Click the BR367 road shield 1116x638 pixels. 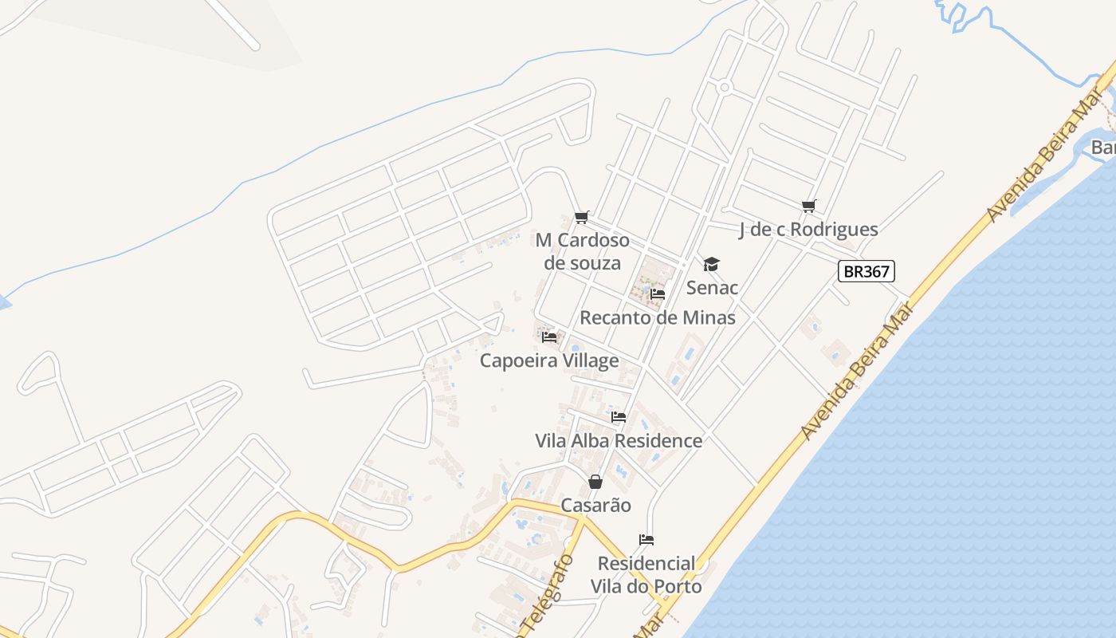pyautogui.click(x=866, y=271)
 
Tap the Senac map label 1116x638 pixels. pyautogui.click(x=712, y=287)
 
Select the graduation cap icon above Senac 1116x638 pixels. pyautogui.click(x=711, y=264)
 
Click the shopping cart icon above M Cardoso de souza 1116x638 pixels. pyautogui.click(x=582, y=218)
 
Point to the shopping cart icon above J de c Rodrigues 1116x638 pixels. pyautogui.click(x=809, y=207)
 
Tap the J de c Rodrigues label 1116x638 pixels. pyautogui.click(x=808, y=230)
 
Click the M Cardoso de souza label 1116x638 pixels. pyautogui.click(x=582, y=251)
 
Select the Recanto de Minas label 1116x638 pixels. pyautogui.click(x=658, y=317)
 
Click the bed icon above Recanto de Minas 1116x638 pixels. pyautogui.click(x=658, y=293)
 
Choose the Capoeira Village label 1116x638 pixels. pyautogui.click(x=549, y=360)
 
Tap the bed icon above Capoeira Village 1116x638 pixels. pyautogui.click(x=549, y=337)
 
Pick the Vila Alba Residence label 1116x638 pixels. pyautogui.click(x=619, y=440)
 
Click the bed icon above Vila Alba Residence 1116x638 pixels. pyautogui.click(x=619, y=416)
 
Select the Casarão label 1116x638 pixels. pyautogui.click(x=595, y=505)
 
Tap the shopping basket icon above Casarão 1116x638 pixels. pyautogui.click(x=595, y=482)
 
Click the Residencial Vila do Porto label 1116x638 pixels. pyautogui.click(x=646, y=575)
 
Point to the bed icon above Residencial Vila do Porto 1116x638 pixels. pyautogui.click(x=646, y=540)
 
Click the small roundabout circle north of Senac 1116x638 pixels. pyautogui.click(x=724, y=87)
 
